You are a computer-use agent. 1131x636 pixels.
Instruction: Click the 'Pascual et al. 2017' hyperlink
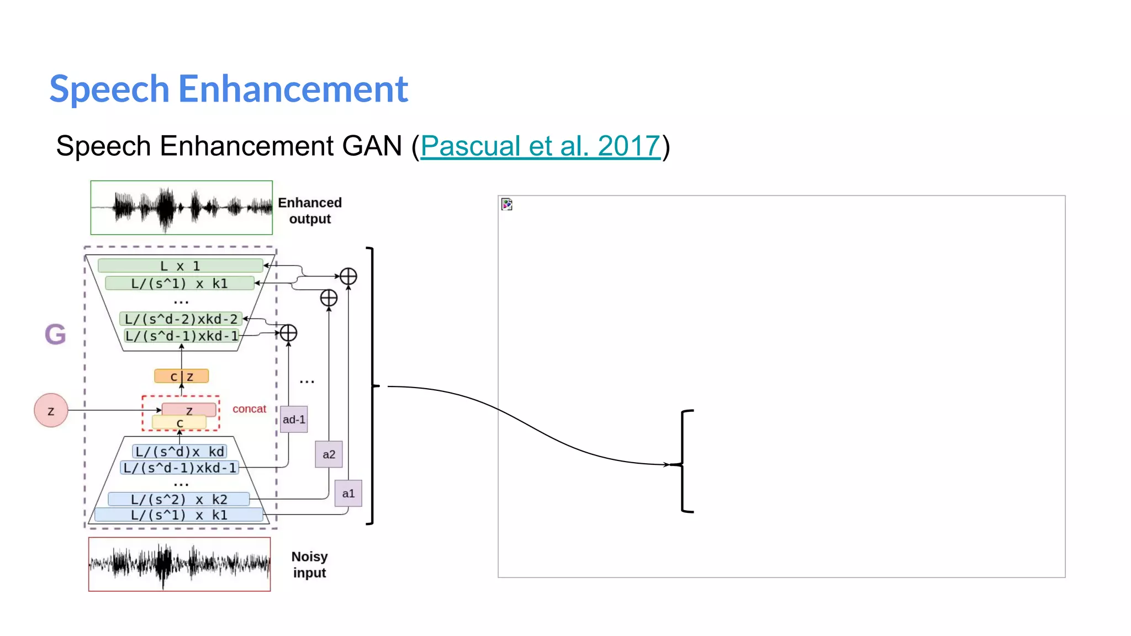(x=540, y=146)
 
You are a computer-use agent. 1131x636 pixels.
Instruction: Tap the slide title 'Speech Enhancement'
(x=229, y=89)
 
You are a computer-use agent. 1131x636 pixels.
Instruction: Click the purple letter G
(x=55, y=334)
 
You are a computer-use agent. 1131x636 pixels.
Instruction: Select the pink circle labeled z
(x=51, y=410)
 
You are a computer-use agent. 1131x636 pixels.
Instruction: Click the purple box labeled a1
(x=348, y=494)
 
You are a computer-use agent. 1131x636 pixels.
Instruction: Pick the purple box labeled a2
(x=329, y=454)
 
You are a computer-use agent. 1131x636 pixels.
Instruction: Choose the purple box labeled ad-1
(x=294, y=420)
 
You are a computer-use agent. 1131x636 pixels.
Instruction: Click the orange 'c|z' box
(x=182, y=377)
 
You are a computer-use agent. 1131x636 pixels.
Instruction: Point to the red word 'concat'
(x=249, y=409)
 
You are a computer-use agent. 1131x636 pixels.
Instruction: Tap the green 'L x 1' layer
(x=180, y=266)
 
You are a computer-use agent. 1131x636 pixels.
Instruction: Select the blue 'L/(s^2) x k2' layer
(x=179, y=500)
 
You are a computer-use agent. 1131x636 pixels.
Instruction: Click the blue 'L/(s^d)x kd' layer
(x=179, y=452)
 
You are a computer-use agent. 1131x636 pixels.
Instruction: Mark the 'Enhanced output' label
(x=310, y=211)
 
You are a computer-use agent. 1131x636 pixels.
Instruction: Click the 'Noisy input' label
(x=309, y=565)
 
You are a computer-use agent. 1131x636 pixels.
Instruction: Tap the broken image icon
(x=507, y=204)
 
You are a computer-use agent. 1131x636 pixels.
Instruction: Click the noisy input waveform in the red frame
(x=179, y=564)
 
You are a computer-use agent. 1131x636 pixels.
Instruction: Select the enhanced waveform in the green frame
(x=182, y=208)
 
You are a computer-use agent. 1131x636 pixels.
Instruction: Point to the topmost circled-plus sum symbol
(x=348, y=276)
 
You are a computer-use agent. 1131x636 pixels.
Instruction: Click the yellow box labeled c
(x=179, y=423)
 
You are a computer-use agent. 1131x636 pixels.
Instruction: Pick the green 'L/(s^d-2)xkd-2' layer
(x=181, y=319)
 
